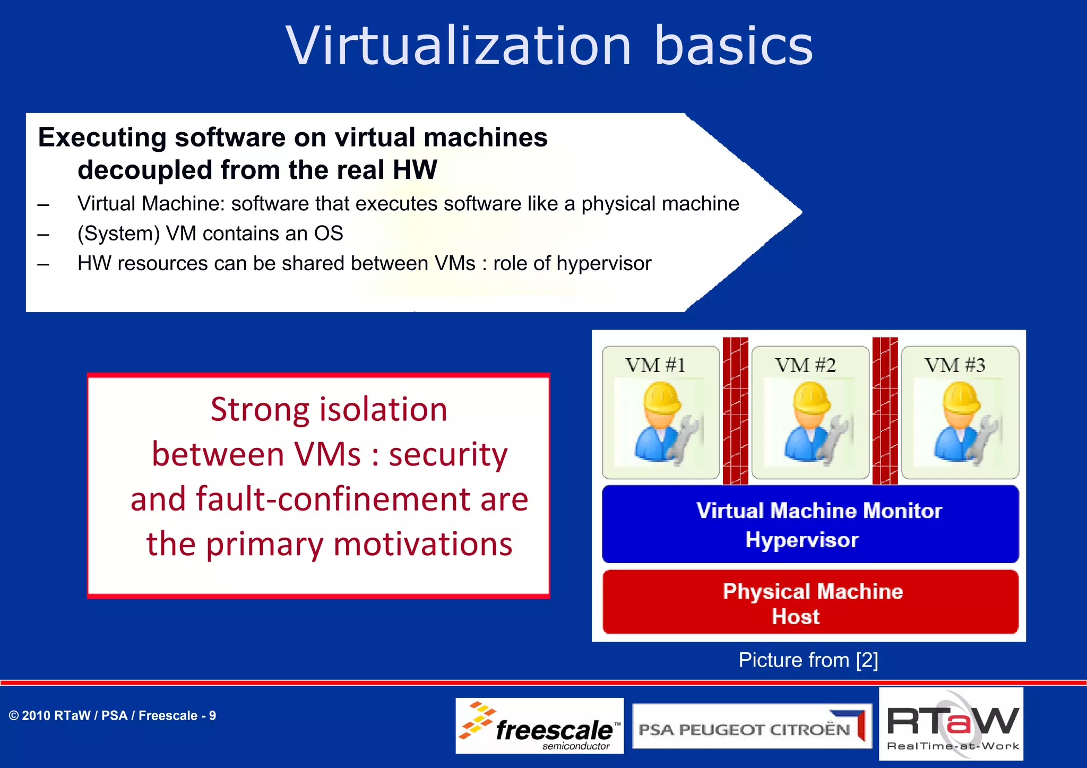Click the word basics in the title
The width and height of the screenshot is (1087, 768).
pos(734,47)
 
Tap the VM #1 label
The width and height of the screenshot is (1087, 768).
pos(655,365)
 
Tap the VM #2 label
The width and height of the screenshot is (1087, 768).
pos(805,365)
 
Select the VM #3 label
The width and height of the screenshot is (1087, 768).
pos(955,365)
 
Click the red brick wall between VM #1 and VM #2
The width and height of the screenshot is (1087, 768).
pos(736,411)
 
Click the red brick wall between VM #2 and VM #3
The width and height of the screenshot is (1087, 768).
pos(885,411)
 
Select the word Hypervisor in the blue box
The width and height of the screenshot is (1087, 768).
pos(802,540)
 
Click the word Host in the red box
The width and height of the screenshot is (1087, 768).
pos(796,617)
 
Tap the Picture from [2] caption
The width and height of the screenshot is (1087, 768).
pos(808,660)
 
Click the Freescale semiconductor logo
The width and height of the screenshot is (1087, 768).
pos(539,726)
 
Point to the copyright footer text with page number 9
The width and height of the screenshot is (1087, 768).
pos(112,715)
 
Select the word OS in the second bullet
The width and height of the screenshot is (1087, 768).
pos(329,234)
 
